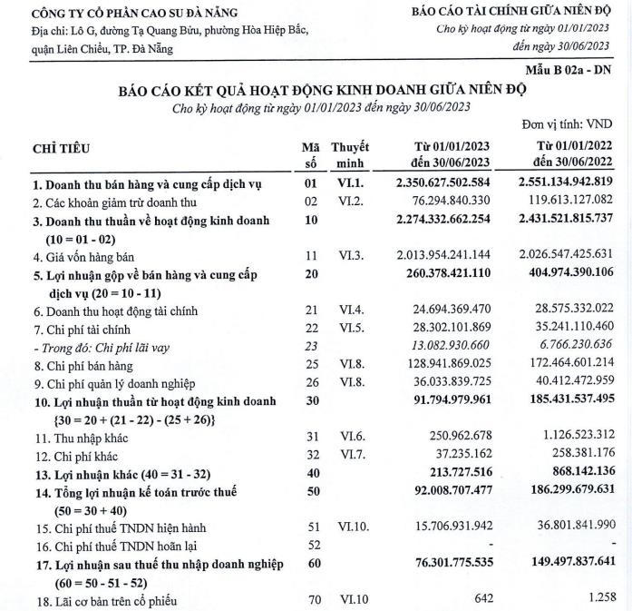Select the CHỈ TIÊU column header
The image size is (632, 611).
click(61, 148)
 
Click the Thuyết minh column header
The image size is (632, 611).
click(349, 153)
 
